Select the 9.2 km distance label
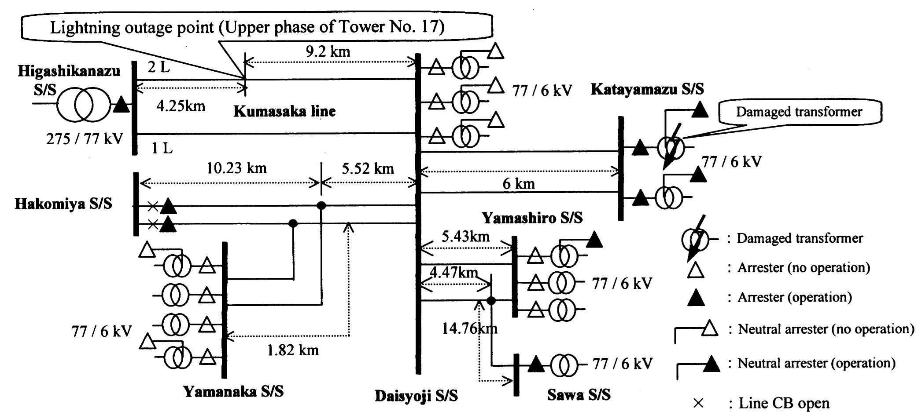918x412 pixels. (328, 51)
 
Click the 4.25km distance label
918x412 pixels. (181, 106)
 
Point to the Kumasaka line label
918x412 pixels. (284, 111)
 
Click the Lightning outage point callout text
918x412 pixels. (247, 27)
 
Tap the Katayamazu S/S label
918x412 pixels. (647, 89)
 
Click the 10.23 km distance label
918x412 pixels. (237, 168)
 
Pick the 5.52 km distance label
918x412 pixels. (368, 168)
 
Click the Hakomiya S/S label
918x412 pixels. (63, 204)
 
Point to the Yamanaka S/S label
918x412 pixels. (233, 391)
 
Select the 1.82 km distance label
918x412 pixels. (293, 350)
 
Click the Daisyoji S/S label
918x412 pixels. (416, 396)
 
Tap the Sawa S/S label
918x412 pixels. (579, 395)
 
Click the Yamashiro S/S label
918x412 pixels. (532, 218)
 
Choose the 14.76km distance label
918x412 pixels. (470, 328)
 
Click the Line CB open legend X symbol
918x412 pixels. (698, 403)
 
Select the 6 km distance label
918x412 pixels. (519, 184)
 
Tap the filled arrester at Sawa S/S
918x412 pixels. (536, 364)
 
